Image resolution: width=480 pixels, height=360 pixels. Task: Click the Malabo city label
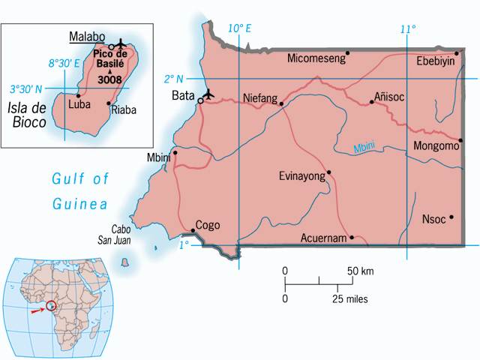coord(86,35)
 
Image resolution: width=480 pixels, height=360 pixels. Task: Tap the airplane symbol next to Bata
coord(209,94)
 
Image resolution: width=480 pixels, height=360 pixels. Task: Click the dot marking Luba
coord(78,96)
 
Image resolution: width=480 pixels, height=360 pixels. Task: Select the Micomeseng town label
coord(316,58)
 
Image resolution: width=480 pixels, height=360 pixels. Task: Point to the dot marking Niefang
coord(282,103)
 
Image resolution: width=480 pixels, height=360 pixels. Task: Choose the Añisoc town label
coord(391,97)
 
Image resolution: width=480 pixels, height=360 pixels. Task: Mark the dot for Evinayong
coord(328,172)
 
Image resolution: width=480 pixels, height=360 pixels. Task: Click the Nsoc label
coord(433,220)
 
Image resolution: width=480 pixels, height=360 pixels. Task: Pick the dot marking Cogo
coord(193,230)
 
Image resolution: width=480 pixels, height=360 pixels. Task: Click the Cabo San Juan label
coord(127,233)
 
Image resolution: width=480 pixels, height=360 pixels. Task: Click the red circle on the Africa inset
coord(51,306)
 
